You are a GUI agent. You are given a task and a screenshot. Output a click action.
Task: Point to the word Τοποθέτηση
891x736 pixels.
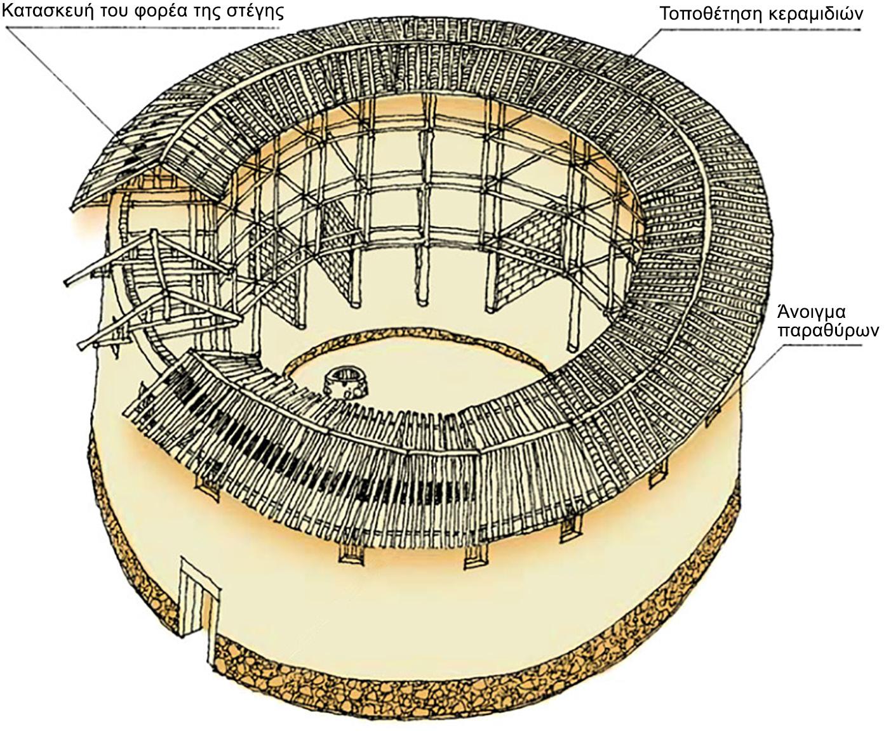pos(706,13)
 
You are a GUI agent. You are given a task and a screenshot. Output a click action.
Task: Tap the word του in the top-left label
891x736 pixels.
pos(111,11)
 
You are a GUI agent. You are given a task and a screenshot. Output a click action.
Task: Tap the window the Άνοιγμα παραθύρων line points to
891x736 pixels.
pos(713,415)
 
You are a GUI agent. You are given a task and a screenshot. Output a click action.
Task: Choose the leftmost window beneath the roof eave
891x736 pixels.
pos(207,487)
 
